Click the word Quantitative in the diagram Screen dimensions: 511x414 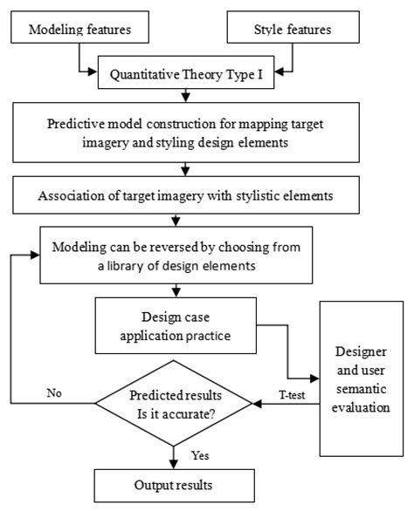pos(146,75)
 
